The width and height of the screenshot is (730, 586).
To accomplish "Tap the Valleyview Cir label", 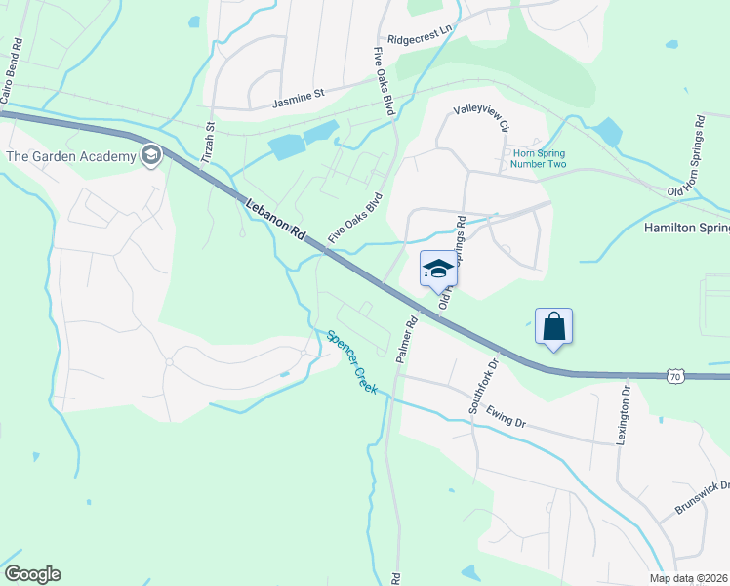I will tap(482, 120).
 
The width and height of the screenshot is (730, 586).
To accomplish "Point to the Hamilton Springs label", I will tap(686, 228).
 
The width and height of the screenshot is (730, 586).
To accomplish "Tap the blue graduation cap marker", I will tap(438, 269).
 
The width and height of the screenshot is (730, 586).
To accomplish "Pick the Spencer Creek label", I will tap(350, 360).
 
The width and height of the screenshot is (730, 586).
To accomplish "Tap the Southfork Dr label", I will tap(482, 385).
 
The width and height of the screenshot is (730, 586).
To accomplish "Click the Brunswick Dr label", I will tap(703, 498).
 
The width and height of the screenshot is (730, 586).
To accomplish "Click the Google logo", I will tap(32, 574).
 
